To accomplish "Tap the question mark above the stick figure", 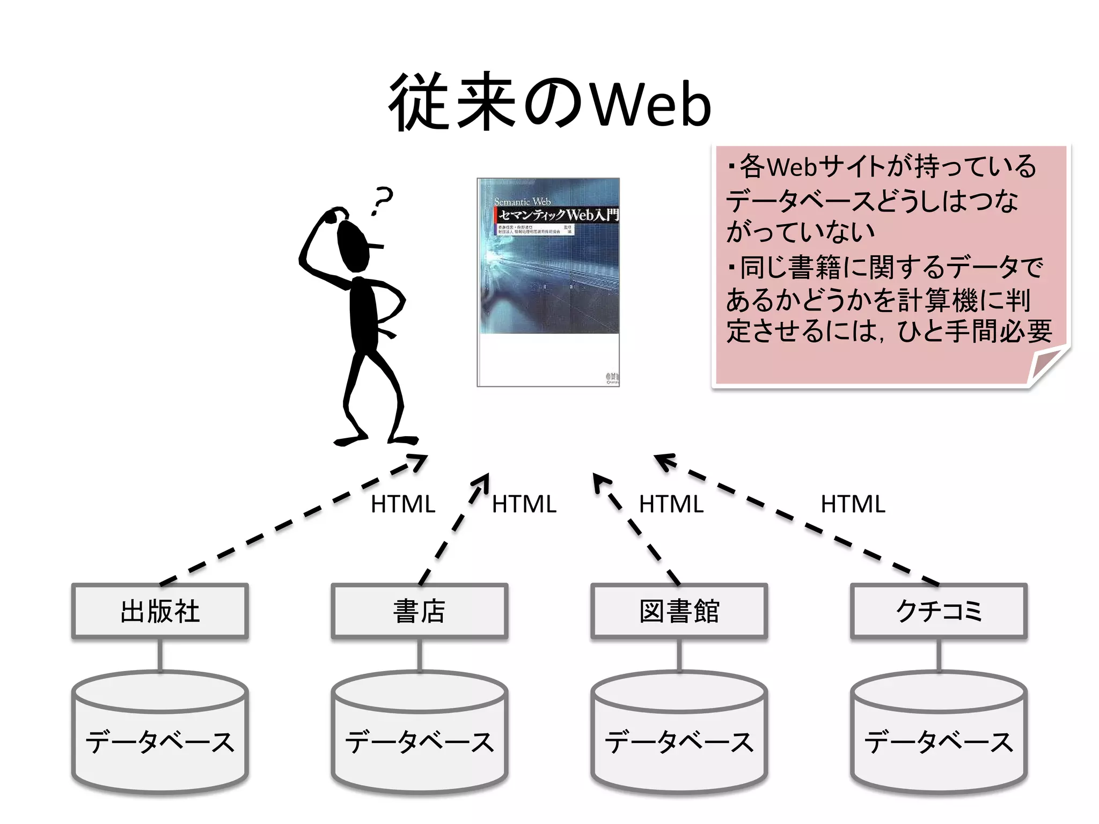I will tap(383, 200).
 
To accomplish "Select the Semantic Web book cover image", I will tap(548, 282).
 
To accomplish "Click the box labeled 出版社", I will tap(160, 611).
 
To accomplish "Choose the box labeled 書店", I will tap(420, 611).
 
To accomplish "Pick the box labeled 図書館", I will tap(679, 611).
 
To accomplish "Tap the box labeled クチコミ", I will tap(939, 611).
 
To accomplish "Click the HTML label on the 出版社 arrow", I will tap(403, 504).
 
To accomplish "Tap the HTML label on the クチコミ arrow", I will tap(853, 504).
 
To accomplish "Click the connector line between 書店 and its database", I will tap(420, 654).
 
